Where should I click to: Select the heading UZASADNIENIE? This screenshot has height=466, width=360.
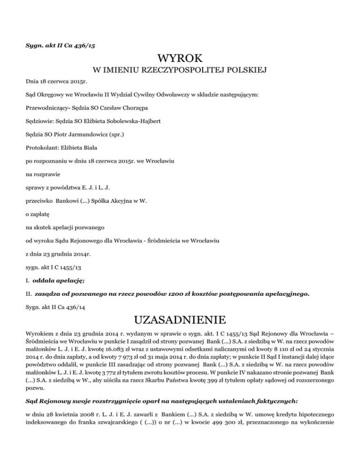(180, 322)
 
